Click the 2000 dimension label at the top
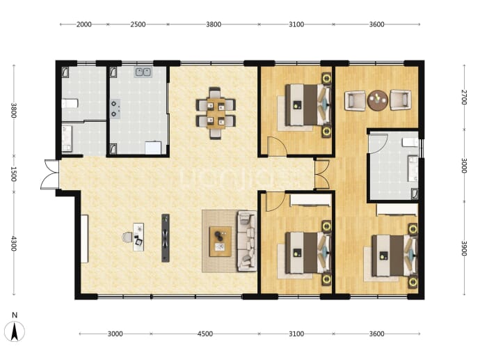(84, 24)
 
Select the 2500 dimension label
(138, 24)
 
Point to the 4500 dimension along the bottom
(205, 334)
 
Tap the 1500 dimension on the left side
(14, 173)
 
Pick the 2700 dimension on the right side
(464, 97)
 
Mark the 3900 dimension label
(464, 248)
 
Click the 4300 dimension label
(14, 243)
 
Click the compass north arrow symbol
(15, 332)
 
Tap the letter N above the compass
(15, 315)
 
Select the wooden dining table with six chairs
(216, 113)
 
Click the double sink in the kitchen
(143, 72)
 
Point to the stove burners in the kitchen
(115, 109)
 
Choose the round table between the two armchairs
(378, 100)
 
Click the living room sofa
(247, 241)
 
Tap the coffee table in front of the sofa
(220, 242)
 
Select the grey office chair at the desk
(127, 237)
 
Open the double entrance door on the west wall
(50, 174)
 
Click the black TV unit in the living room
(166, 237)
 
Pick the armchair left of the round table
(355, 100)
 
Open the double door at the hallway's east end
(321, 174)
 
